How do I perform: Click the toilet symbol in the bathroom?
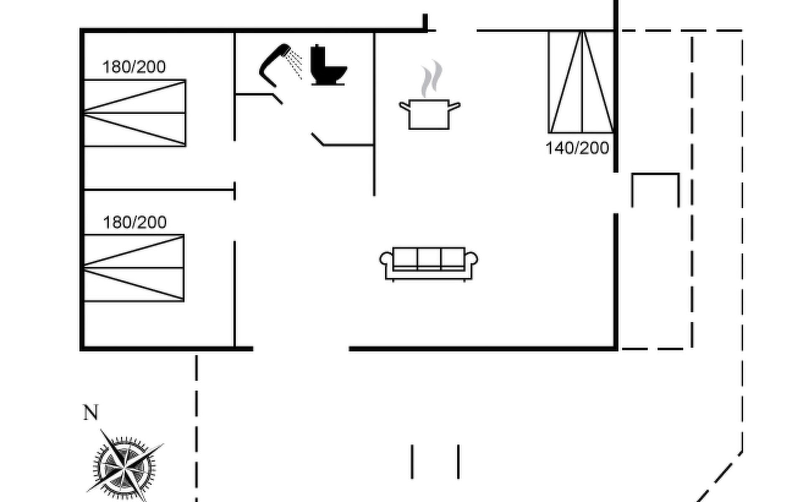[328, 66]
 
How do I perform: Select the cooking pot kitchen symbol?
[429, 114]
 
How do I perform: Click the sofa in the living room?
[429, 263]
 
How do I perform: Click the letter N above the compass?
[91, 412]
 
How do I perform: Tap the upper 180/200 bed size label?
[134, 67]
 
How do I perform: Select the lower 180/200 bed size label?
[135, 222]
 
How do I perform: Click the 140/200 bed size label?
[577, 148]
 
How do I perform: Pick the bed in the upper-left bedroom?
[135, 113]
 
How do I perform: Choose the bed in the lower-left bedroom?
[134, 268]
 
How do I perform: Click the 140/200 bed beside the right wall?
[581, 82]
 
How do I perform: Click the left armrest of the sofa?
[386, 259]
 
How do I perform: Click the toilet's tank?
[318, 56]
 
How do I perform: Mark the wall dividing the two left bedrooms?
[159, 190]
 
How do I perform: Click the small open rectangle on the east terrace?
[655, 189]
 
